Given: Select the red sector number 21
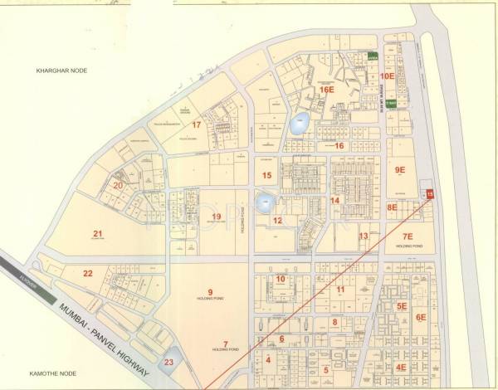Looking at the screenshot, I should [x=97, y=233].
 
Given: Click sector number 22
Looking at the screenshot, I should [x=88, y=273].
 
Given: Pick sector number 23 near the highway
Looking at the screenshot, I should [x=169, y=362].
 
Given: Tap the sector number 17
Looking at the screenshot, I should [x=197, y=124].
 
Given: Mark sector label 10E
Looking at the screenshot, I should [x=388, y=76].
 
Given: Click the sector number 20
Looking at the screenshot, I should [x=119, y=185].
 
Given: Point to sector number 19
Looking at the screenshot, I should [x=216, y=217].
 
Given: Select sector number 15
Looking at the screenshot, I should [x=266, y=175].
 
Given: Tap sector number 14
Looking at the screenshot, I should [x=334, y=200].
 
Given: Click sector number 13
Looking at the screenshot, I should [x=363, y=236].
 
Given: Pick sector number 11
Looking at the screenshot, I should [x=340, y=289].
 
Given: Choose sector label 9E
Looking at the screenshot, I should [x=400, y=169].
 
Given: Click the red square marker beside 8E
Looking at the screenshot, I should [x=430, y=194].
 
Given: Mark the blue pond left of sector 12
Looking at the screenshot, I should [x=265, y=202].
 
